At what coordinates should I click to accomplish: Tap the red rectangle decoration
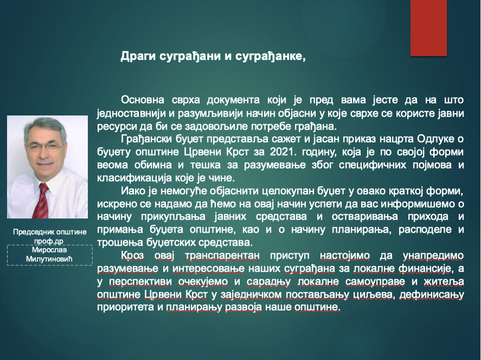click(x=428, y=28)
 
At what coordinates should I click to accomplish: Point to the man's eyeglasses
click(x=45, y=146)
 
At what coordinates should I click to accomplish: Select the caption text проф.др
click(x=49, y=241)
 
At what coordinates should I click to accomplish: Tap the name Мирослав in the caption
click(x=49, y=250)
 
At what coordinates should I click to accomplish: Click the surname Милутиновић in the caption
click(x=49, y=259)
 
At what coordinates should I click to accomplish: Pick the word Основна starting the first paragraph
click(x=142, y=100)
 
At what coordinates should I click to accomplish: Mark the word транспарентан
click(x=222, y=256)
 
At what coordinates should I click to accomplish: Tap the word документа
click(x=233, y=100)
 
